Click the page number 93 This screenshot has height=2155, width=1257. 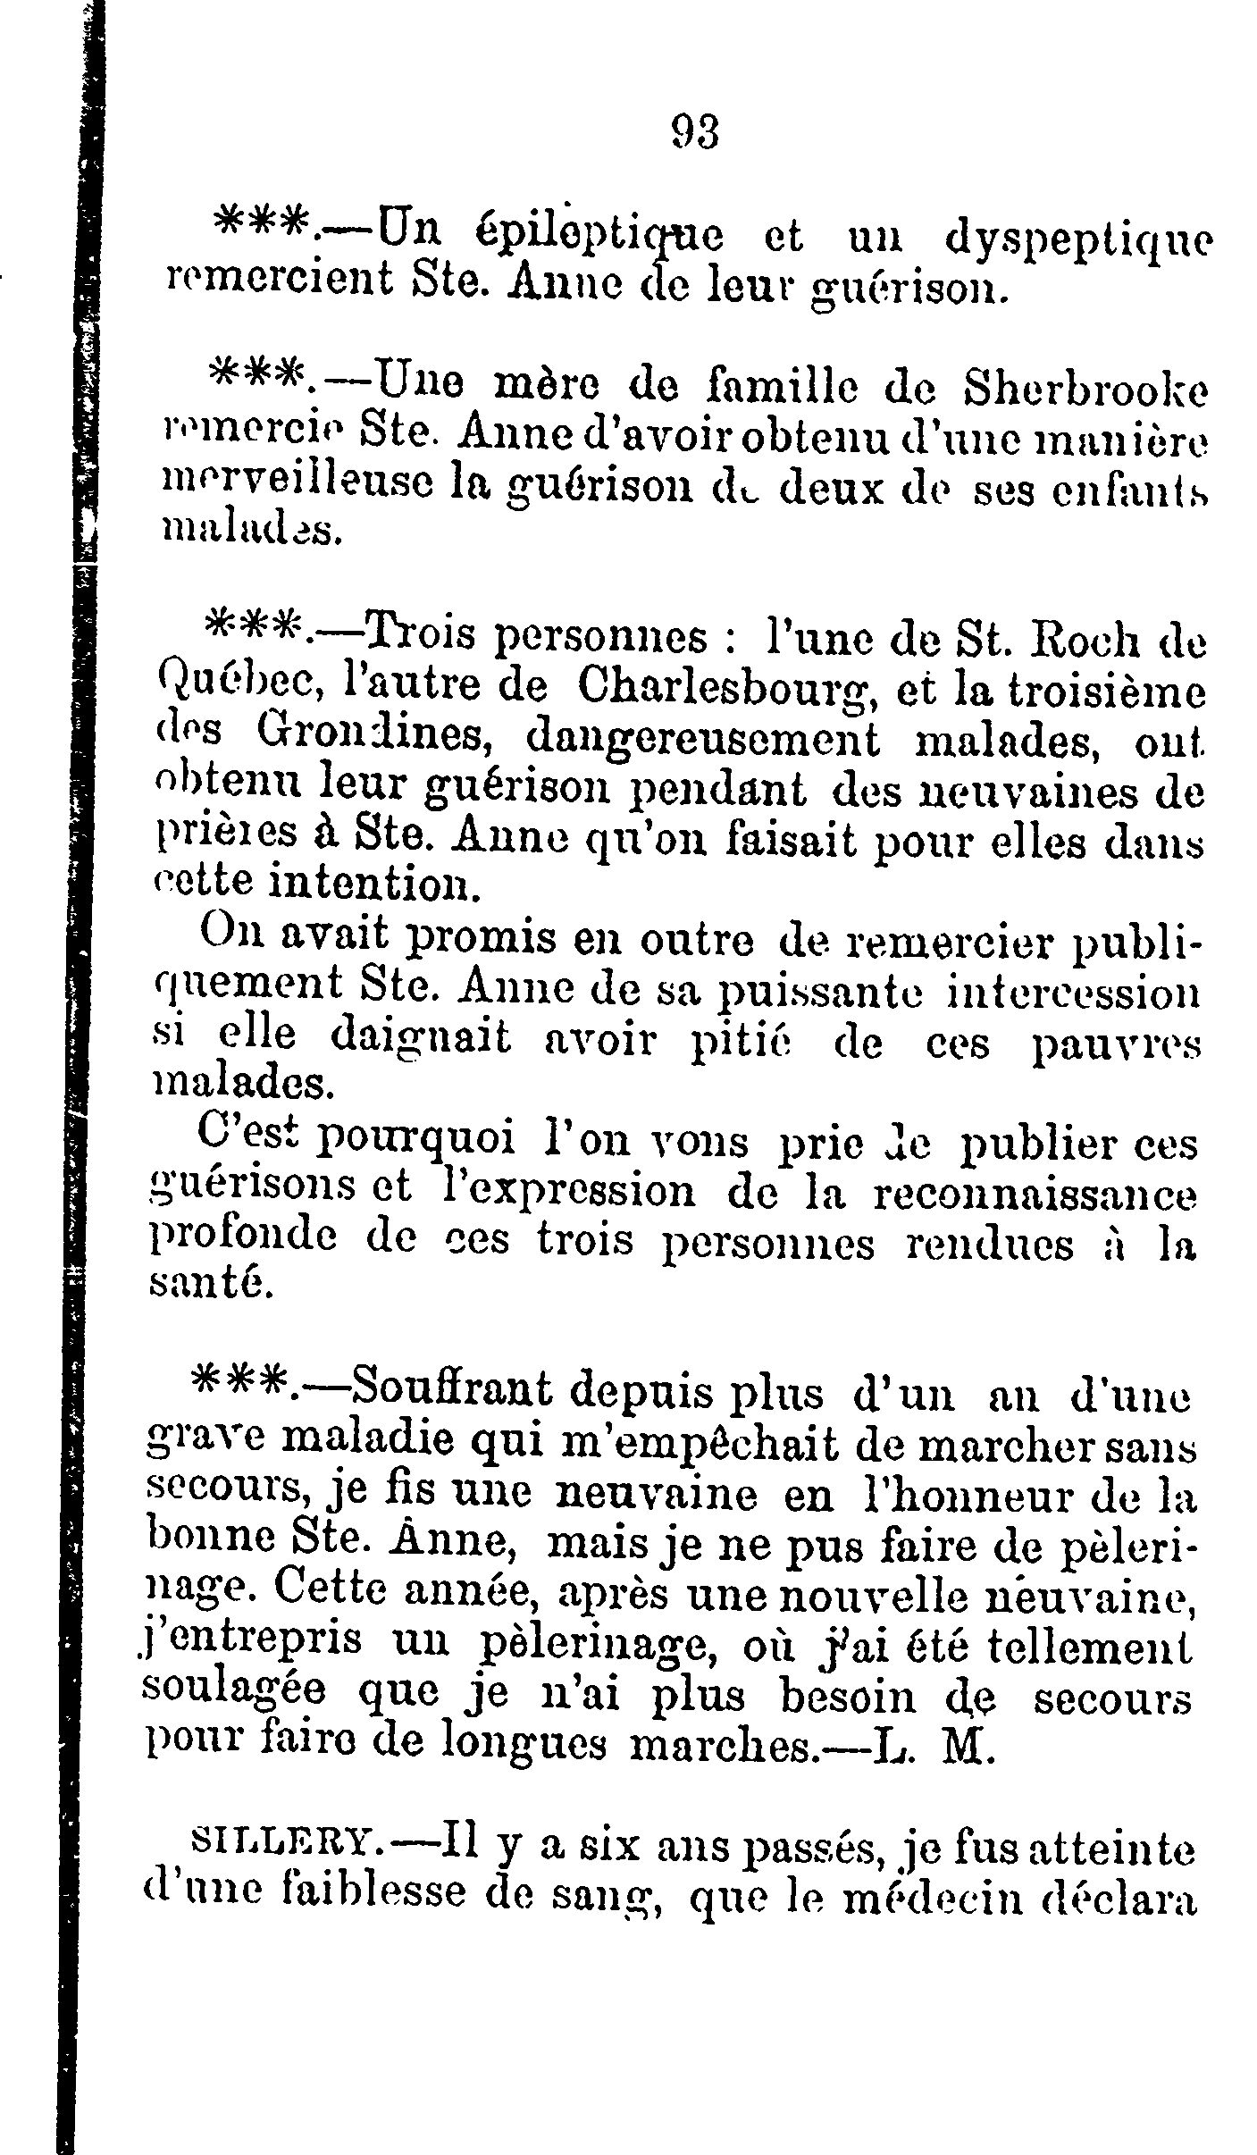(x=694, y=133)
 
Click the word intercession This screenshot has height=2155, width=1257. (x=1071, y=993)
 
